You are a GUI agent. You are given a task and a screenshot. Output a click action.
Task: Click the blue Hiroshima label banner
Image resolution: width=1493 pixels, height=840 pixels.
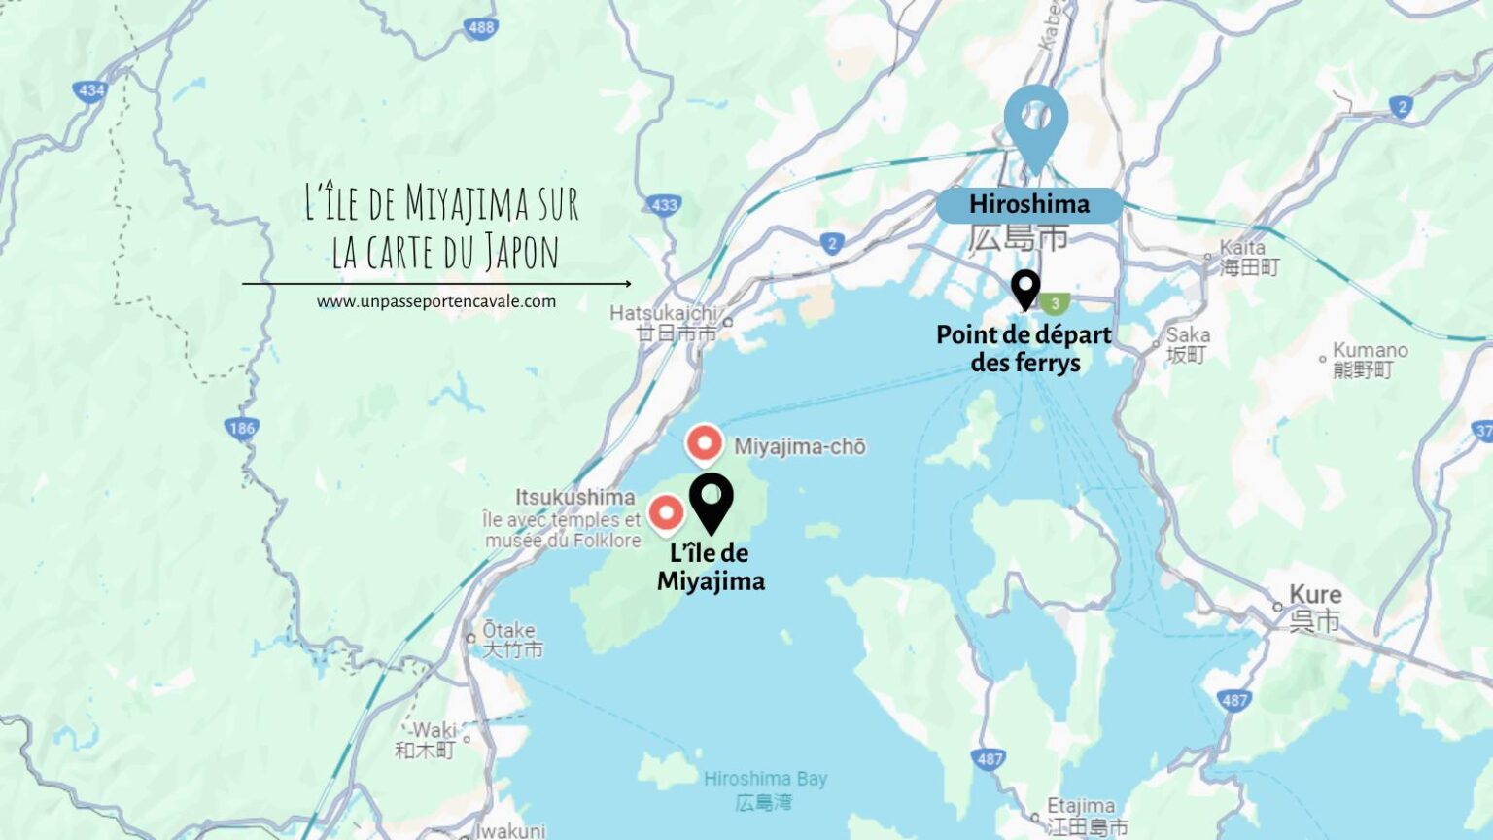pos(1028,204)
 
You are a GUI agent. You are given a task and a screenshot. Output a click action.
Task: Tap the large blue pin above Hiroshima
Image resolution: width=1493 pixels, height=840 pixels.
pos(1035,121)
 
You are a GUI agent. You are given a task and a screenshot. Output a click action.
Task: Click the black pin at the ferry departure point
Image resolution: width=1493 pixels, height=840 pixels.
pos(1024,288)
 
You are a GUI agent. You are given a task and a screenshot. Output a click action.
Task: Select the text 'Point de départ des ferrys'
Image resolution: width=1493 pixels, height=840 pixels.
pos(1024,348)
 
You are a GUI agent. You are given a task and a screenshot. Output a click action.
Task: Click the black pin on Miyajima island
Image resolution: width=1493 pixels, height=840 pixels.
pos(711,499)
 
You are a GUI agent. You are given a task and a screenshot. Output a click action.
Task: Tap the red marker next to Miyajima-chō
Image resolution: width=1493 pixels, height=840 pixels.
pos(704,443)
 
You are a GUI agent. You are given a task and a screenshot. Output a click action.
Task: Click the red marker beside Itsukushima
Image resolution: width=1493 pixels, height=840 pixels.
pos(666,512)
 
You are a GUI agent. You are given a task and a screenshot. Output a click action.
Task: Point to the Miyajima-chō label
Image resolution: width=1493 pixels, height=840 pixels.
pos(799,446)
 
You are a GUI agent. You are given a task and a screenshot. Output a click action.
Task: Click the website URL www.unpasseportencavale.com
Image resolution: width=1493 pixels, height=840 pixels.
pos(435,301)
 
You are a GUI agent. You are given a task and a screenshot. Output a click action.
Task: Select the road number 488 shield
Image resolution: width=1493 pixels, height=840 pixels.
pos(481,27)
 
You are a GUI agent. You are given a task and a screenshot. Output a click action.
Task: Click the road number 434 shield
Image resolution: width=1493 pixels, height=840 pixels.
pos(90,90)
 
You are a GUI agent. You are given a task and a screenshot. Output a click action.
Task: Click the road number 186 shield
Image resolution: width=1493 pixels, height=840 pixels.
pos(241,428)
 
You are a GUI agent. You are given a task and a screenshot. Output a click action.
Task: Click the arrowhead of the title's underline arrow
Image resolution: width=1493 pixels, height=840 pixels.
pos(628,284)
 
